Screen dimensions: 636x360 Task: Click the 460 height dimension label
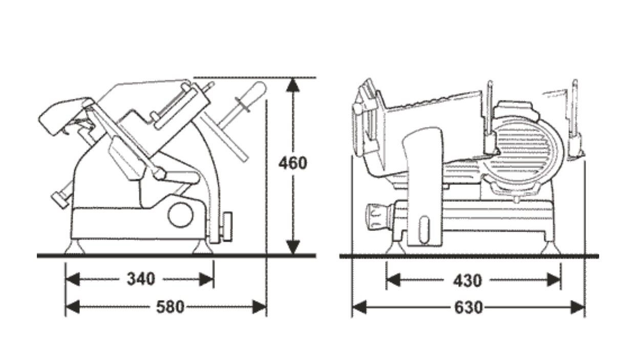coord(293,163)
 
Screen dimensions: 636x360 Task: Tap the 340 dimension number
coord(141,279)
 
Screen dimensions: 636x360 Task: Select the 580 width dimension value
coord(170,307)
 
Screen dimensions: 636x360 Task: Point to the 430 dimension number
coord(468,281)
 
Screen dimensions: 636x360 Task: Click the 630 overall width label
coord(469,307)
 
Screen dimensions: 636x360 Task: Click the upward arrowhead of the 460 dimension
coord(293,86)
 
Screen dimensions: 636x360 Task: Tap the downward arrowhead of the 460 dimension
coord(293,247)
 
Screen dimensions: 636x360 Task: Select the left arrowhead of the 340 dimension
coord(73,279)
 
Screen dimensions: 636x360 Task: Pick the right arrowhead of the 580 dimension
coord(259,307)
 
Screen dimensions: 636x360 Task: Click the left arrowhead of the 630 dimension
coord(359,307)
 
